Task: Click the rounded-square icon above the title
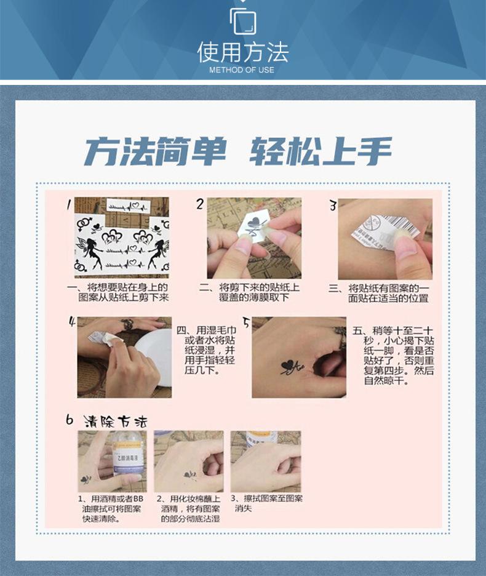[243, 22]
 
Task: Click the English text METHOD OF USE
[242, 70]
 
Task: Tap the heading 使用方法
[243, 52]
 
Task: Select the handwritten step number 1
[69, 204]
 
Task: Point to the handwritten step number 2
[200, 204]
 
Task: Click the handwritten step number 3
[333, 206]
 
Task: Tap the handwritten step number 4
[72, 322]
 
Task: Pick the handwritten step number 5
[246, 322]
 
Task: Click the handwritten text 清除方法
[115, 422]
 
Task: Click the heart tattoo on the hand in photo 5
[288, 366]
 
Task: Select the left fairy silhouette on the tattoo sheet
[90, 252]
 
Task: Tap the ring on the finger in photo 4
[127, 324]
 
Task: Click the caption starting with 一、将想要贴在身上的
[118, 292]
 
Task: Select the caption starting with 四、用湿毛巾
[205, 350]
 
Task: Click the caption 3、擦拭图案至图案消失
[267, 503]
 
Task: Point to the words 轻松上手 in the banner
[321, 151]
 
